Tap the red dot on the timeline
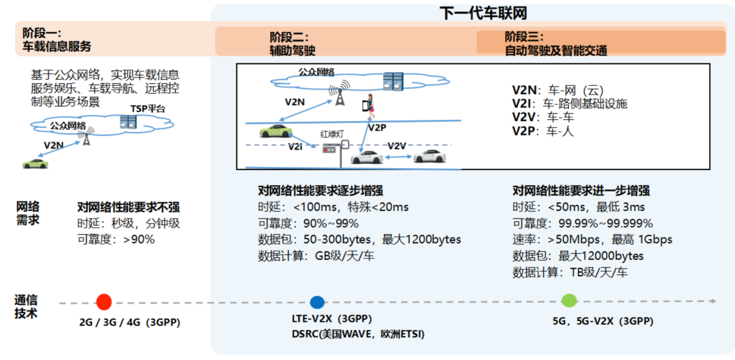(x=103, y=302)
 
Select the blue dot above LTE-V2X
(x=316, y=303)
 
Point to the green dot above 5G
(x=569, y=301)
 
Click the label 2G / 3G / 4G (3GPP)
(x=130, y=322)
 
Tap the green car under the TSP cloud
(x=36, y=163)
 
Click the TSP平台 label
(x=148, y=108)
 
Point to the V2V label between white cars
(x=396, y=146)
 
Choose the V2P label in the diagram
(x=377, y=127)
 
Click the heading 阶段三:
(x=524, y=37)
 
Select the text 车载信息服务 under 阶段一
(x=57, y=47)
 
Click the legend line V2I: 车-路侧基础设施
(x=569, y=103)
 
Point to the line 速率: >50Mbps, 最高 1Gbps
(x=592, y=240)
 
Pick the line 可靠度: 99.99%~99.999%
(x=583, y=223)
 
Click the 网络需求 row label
(x=28, y=213)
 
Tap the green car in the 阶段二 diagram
(x=275, y=131)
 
